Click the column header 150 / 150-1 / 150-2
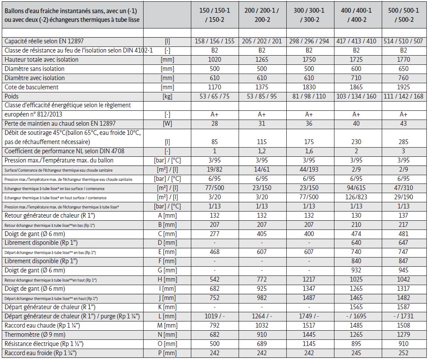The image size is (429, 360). [x=214, y=15]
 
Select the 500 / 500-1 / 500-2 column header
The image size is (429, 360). [x=404, y=15]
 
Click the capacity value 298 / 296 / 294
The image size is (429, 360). [x=309, y=41]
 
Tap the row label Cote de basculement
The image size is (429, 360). [x=32, y=87]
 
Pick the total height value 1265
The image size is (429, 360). [x=262, y=60]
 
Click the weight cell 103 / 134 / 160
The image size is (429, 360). [x=356, y=96]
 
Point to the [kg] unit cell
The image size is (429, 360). [x=167, y=96]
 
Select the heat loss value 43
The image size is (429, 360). [x=404, y=124]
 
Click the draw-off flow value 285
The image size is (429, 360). [x=404, y=142]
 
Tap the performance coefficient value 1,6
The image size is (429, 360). [x=309, y=151]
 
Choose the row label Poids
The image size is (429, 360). [x=11, y=96]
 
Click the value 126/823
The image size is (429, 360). [x=356, y=197]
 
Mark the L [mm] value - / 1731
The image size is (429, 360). [x=404, y=316]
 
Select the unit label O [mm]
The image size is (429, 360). [x=167, y=344]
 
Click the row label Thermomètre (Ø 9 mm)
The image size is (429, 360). [x=35, y=335]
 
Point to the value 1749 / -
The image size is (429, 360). [x=309, y=316]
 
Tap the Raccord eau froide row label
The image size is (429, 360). [x=40, y=353]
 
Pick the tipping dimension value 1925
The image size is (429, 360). [x=404, y=87]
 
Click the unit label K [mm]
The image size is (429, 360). [x=167, y=307]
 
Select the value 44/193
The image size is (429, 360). [x=309, y=169]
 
